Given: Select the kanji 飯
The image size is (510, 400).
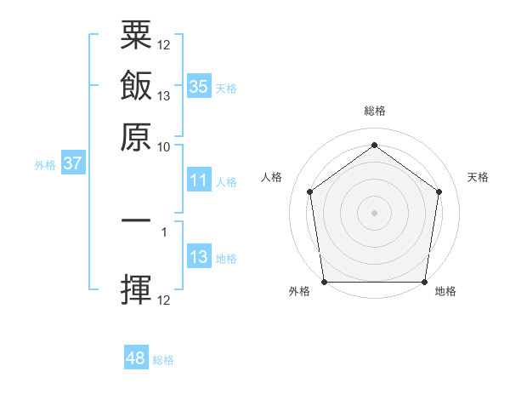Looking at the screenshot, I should tap(136, 86).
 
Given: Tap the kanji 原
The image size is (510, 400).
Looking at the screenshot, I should tap(136, 136).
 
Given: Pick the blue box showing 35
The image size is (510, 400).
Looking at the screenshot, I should tap(198, 87).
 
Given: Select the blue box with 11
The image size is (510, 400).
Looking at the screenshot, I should tap(198, 180).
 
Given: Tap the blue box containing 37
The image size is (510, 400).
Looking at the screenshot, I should tap(72, 163).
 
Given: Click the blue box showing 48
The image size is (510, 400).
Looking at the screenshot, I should tap(136, 358).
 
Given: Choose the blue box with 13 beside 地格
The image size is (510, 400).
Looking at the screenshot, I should tap(198, 257).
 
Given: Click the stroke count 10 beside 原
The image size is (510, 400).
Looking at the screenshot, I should tap(164, 146).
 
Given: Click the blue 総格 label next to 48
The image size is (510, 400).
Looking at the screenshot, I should tap(163, 360).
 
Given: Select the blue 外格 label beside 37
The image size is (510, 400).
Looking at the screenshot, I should tap(44, 165).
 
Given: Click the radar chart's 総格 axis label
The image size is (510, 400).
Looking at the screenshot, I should tap(375, 111).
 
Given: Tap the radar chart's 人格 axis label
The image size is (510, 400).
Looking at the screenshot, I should tap(271, 177).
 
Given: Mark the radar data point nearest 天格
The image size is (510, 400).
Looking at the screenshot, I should tap(439, 191).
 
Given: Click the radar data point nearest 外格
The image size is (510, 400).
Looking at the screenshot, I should tap(325, 282).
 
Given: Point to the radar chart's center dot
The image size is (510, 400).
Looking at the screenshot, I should tap(375, 213).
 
